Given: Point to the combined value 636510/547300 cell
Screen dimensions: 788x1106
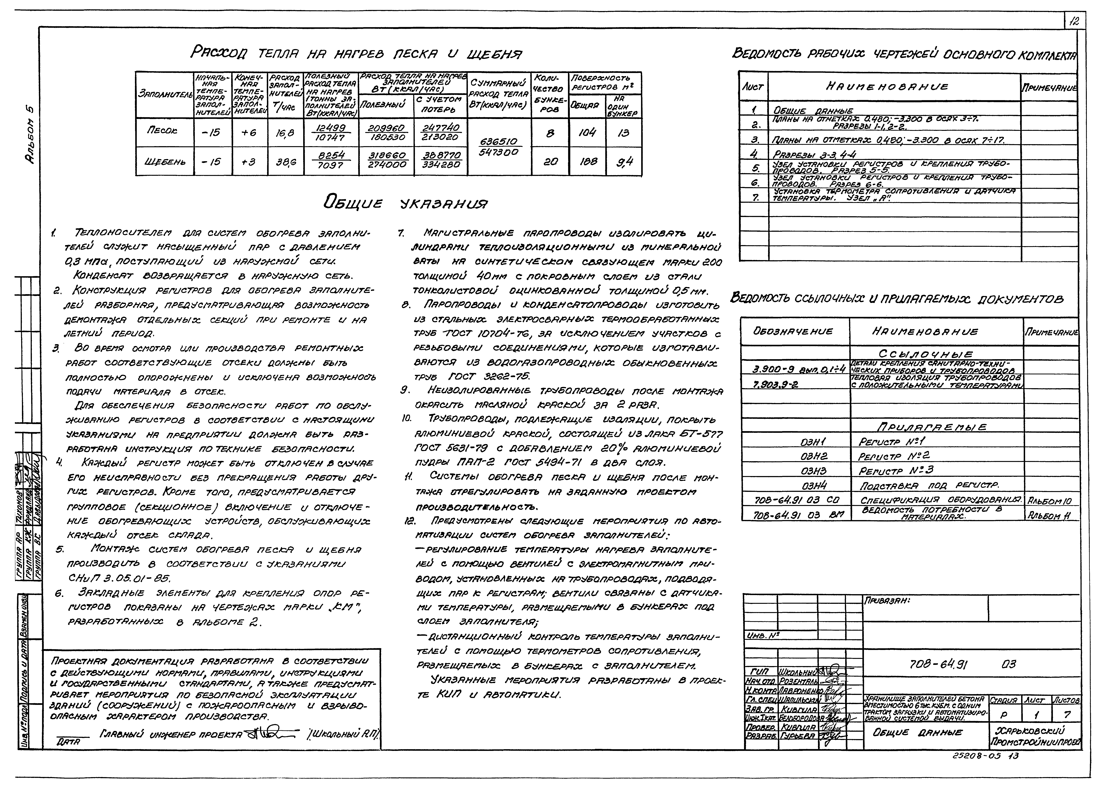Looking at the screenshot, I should (498, 146).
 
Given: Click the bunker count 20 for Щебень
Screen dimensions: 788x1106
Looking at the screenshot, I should (550, 162).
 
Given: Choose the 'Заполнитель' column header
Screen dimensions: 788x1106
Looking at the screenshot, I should (165, 95).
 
